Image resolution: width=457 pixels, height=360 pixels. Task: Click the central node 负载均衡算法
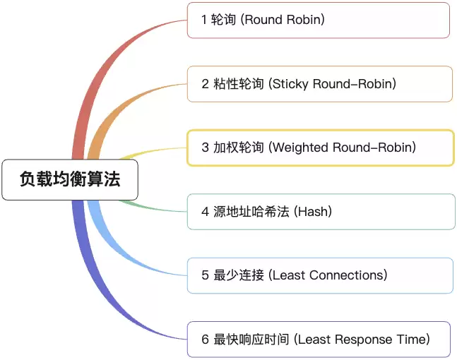point(69,180)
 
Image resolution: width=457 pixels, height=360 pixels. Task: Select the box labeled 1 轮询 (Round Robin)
point(318,20)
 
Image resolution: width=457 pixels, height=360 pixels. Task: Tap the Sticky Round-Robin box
point(319,84)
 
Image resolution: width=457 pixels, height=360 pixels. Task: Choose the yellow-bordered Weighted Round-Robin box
point(320,148)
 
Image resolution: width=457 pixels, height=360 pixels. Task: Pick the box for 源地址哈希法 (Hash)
point(321,211)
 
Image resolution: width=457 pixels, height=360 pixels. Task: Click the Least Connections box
point(320,275)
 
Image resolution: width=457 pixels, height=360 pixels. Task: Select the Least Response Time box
point(319,340)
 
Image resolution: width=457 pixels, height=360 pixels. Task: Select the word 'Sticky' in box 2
point(292,84)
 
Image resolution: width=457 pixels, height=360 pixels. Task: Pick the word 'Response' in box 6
point(364,340)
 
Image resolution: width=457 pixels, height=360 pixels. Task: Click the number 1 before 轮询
point(204,20)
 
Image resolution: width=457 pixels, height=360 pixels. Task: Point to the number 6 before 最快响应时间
point(205,340)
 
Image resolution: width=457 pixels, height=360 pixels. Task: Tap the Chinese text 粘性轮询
point(239,84)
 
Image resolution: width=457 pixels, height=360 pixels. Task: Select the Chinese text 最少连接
point(239,275)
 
